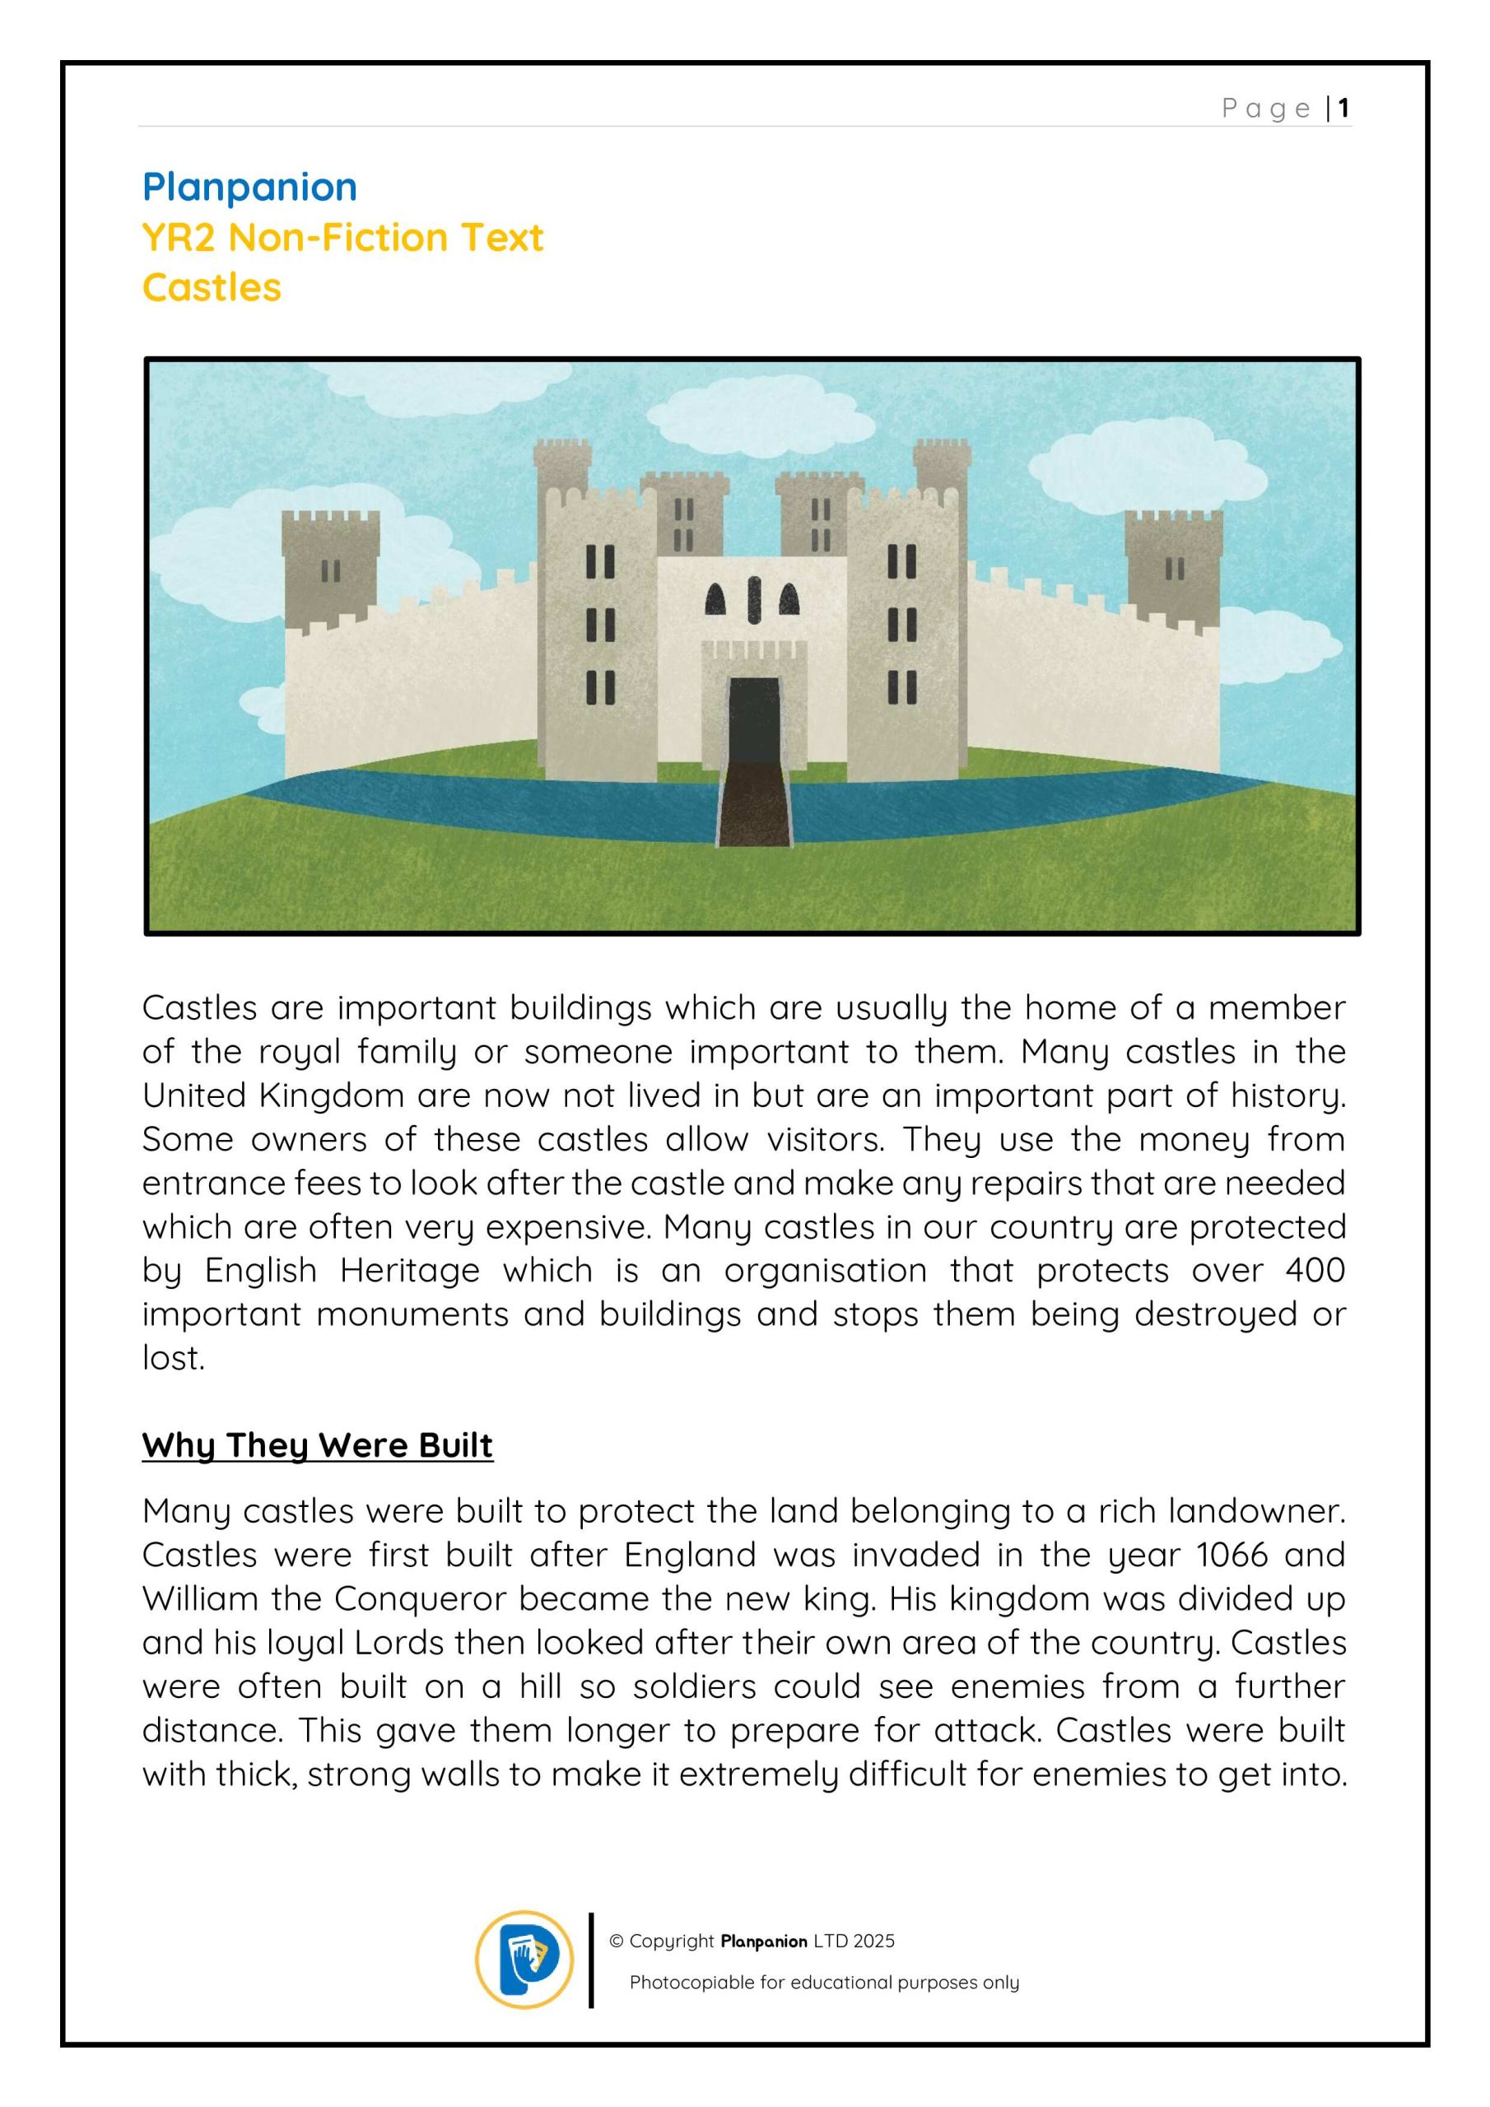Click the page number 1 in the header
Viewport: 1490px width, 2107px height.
(1343, 109)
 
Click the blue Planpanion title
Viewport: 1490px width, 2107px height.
(249, 187)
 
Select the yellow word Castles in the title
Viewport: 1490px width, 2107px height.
(212, 287)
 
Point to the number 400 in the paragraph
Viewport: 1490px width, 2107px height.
(1315, 1270)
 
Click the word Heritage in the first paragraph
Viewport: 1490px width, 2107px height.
(409, 1270)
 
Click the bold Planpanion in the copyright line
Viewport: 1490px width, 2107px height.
(764, 1941)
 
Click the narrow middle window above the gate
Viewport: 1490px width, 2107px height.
(752, 599)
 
